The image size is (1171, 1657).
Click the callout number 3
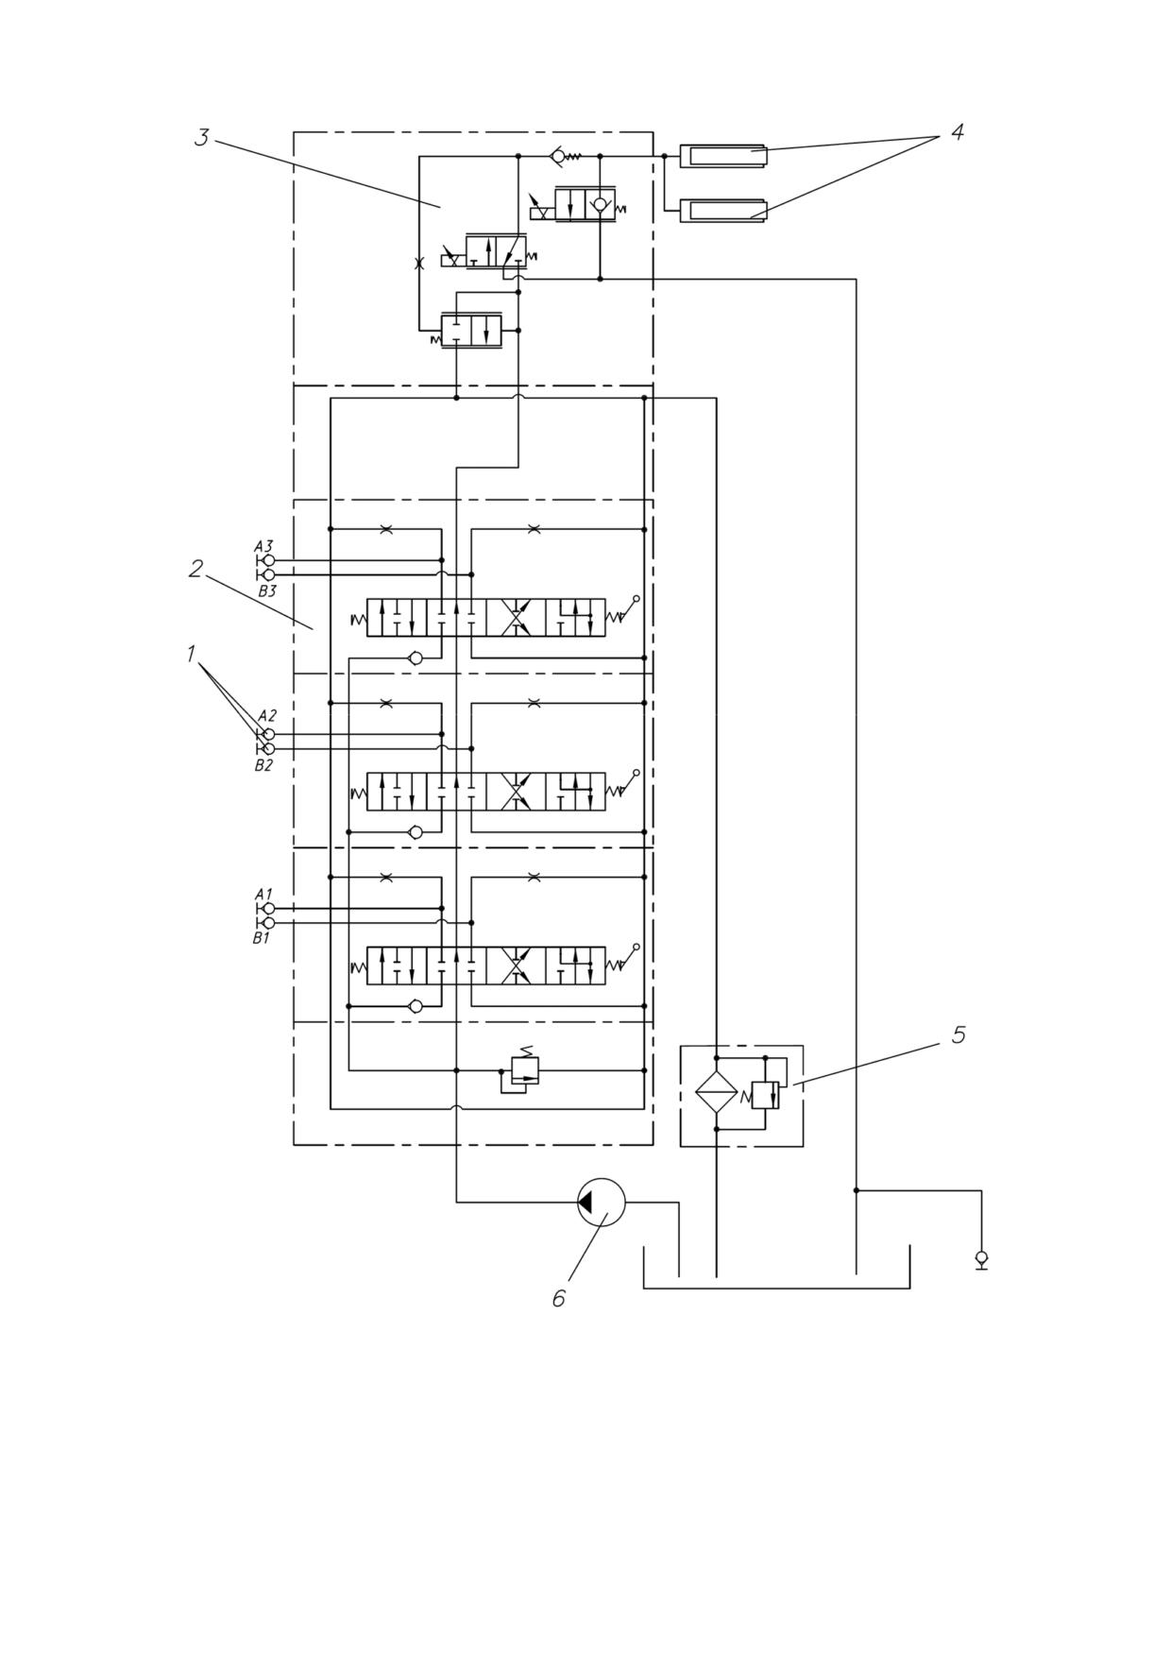click(201, 137)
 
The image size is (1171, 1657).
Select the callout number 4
click(957, 132)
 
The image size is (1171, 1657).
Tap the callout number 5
click(959, 1034)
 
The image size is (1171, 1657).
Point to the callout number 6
click(558, 1299)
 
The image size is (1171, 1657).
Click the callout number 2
click(195, 569)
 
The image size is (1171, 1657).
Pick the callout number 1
click(192, 654)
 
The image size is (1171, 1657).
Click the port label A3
click(263, 546)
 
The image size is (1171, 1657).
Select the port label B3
click(267, 591)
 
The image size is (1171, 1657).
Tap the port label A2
click(267, 716)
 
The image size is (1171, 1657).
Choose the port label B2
click(263, 765)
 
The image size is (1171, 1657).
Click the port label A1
click(263, 894)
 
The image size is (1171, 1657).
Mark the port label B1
click(262, 939)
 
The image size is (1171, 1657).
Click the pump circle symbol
click(602, 1203)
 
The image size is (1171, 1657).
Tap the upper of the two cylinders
click(723, 155)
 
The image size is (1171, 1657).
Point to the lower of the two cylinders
click(723, 210)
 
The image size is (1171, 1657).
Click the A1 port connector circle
click(269, 909)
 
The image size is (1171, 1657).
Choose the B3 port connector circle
click(269, 574)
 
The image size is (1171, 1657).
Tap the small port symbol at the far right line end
click(981, 1259)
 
